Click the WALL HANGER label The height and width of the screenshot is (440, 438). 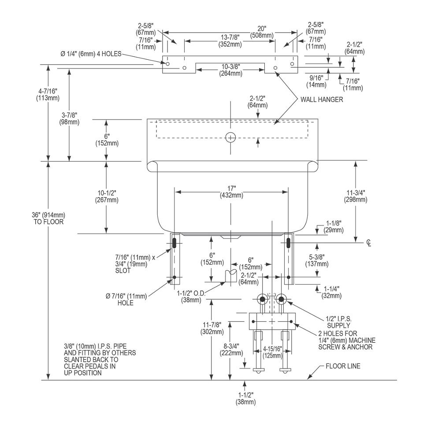(321, 100)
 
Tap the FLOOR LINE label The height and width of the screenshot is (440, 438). (342, 366)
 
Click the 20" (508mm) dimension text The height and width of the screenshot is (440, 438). (262, 32)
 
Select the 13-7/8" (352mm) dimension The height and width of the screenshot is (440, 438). (230, 40)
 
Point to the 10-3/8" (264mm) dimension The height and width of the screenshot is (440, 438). (230, 70)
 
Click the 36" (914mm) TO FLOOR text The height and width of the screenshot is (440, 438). (48, 218)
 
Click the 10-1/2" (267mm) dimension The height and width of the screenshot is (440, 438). (106, 196)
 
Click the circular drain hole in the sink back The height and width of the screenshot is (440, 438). (230, 137)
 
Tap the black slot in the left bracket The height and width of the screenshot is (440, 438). (174, 242)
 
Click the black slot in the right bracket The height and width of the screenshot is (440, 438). (289, 242)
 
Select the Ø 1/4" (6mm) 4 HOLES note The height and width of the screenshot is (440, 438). (91, 54)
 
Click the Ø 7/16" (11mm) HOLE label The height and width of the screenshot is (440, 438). (126, 300)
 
